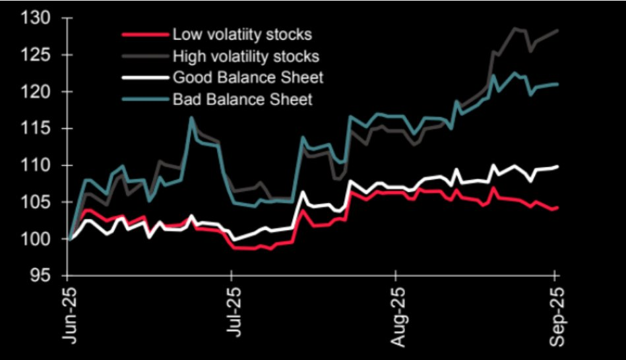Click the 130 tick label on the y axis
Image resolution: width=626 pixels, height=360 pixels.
(x=37, y=18)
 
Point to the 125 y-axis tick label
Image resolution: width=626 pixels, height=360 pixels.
(x=37, y=55)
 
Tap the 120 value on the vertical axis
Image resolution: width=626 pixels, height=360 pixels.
(x=37, y=92)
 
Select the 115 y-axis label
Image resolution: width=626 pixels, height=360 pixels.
(x=37, y=129)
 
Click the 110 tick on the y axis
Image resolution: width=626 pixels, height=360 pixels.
(x=37, y=165)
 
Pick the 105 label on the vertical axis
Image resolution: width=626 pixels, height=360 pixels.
(x=37, y=202)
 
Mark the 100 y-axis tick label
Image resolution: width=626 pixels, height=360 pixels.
(x=37, y=239)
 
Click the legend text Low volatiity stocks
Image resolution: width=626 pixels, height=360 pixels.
(x=242, y=34)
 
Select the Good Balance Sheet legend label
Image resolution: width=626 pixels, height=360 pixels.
(x=247, y=78)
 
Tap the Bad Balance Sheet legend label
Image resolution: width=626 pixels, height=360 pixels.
(x=242, y=100)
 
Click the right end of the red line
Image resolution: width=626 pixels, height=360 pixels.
(x=558, y=208)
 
